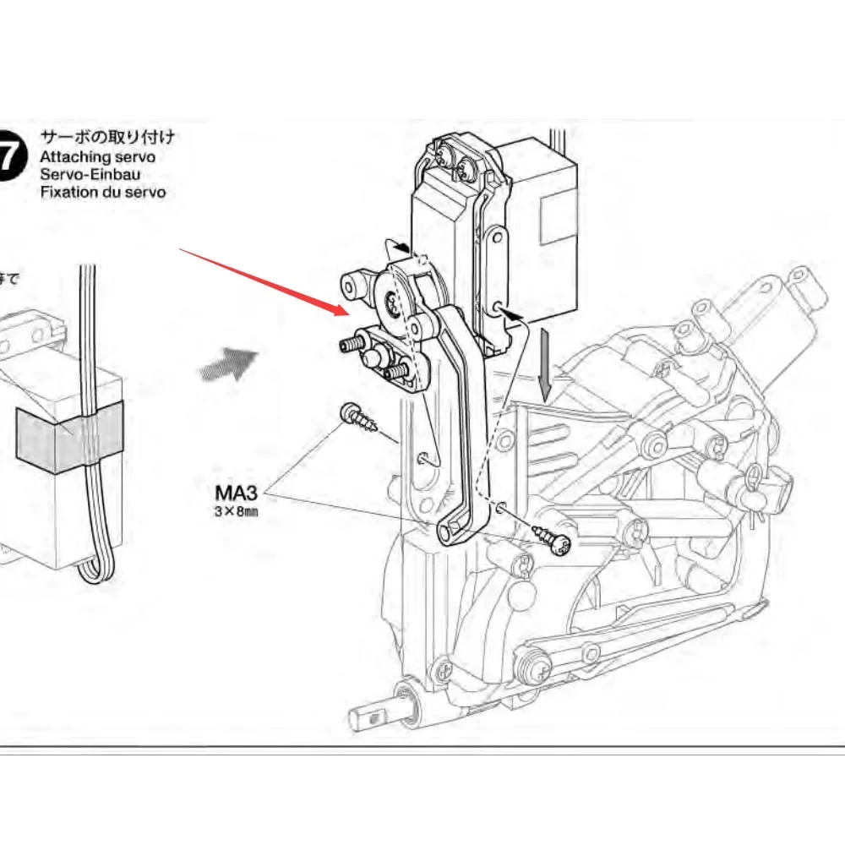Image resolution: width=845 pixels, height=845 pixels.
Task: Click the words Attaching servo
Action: [97, 156]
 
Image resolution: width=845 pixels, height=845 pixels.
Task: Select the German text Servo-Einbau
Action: [90, 174]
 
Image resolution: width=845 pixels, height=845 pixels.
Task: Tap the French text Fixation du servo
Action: [102, 192]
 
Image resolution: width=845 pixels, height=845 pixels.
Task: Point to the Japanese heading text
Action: [108, 137]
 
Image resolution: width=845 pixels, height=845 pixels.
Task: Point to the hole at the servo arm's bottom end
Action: [449, 530]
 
